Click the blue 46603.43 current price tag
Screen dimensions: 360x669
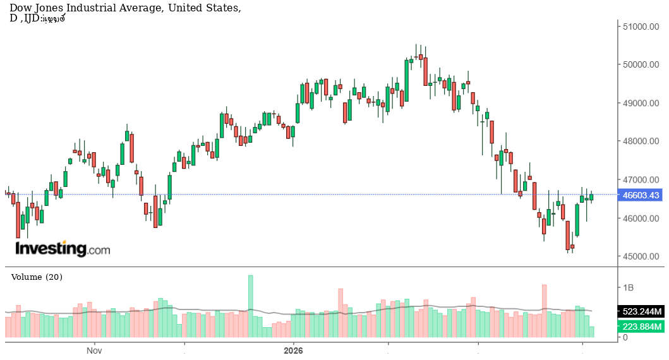coord(640,196)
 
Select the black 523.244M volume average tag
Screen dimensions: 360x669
coord(640,312)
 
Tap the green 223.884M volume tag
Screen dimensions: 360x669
coord(640,327)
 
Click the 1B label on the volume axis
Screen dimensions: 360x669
coord(629,287)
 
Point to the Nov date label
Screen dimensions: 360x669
coord(94,350)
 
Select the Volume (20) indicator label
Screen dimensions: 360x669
coord(37,277)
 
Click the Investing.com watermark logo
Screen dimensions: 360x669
coord(63,248)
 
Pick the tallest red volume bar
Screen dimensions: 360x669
coord(544,311)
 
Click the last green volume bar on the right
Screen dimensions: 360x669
coord(591,332)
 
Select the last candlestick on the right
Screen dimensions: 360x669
coord(591,197)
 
